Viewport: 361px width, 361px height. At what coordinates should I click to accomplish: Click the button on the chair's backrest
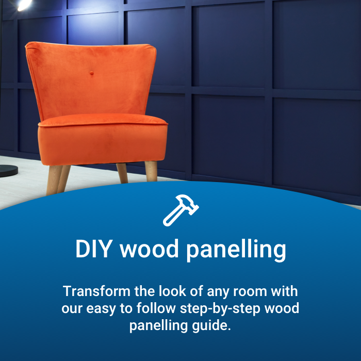click(91, 74)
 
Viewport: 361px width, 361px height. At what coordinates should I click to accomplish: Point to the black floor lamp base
click(8, 170)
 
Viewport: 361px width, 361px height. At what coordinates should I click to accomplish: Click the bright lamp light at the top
click(23, 4)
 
